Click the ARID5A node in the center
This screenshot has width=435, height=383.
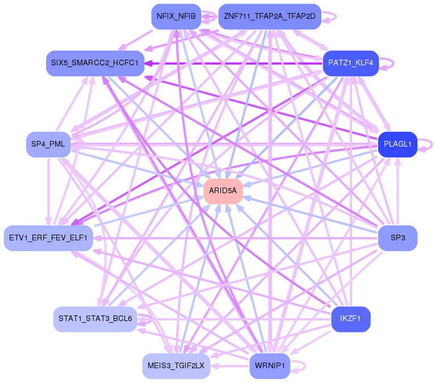click(223, 191)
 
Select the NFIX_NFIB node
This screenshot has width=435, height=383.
click(175, 16)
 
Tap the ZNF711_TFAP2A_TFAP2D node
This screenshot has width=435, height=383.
click(269, 16)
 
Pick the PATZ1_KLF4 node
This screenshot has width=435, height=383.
click(350, 63)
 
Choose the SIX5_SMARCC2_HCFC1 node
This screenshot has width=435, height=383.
click(94, 63)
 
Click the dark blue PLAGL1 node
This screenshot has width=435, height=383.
click(398, 144)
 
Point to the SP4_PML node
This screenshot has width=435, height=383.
click(48, 144)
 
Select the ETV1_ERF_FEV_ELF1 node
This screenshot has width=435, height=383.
click(48, 238)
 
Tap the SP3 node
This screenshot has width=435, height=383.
click(398, 238)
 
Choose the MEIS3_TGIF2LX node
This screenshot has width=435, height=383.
click(176, 365)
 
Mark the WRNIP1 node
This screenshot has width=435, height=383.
click(270, 365)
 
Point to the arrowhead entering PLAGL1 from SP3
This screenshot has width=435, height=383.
click(398, 161)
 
